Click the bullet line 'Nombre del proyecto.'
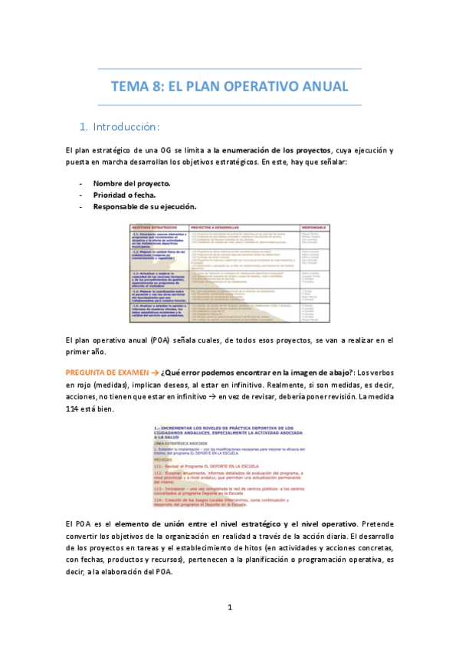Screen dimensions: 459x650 pos(132,184)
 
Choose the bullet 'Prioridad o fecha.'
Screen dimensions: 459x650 pos(124,195)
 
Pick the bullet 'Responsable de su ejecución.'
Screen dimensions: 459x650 pos(145,206)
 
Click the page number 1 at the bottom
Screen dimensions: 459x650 pos(229,608)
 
